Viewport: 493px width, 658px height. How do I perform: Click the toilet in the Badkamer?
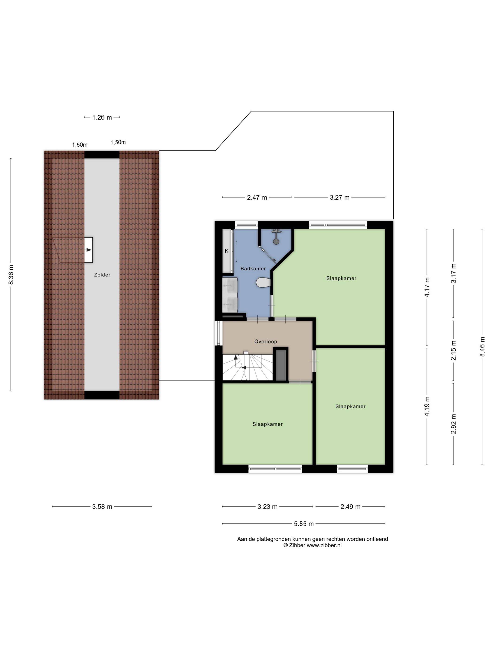[263, 282]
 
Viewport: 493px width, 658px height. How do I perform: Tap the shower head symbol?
[276, 242]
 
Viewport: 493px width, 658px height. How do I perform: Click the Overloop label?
[265, 341]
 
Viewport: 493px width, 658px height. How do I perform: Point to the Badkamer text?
[253, 269]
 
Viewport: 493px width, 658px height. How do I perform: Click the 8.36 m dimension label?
[11, 274]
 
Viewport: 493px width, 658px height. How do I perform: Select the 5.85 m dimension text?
[304, 524]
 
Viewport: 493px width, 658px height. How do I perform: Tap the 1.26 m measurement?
[102, 117]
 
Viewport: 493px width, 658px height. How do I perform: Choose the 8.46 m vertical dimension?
[482, 347]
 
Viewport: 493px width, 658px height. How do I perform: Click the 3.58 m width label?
[102, 507]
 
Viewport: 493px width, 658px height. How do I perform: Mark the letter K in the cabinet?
[227, 251]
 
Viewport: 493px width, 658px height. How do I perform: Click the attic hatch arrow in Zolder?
[89, 250]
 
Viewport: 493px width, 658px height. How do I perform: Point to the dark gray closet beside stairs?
[281, 365]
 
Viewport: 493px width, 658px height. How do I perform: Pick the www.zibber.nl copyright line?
[312, 545]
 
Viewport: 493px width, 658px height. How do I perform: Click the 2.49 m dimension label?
[350, 507]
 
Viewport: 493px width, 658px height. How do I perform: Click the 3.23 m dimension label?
[267, 507]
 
